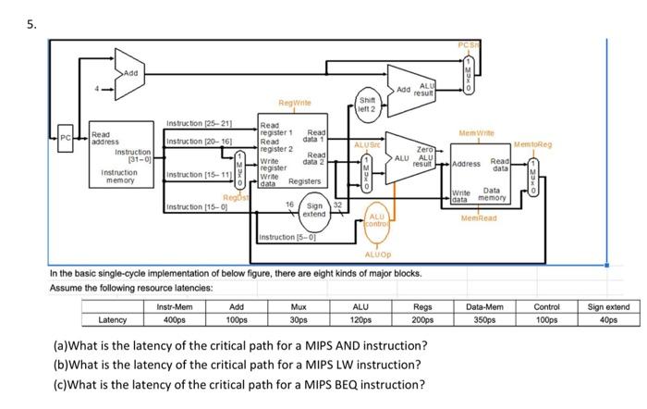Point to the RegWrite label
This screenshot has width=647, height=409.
(x=292, y=104)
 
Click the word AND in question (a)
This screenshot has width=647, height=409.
(x=372, y=344)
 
